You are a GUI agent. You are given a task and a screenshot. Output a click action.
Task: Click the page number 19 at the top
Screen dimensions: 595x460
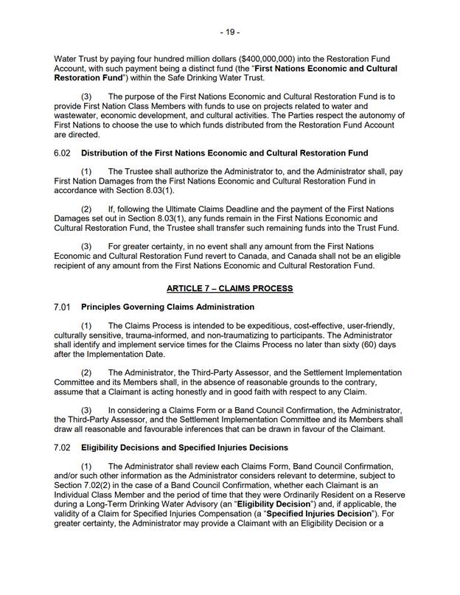point(230,32)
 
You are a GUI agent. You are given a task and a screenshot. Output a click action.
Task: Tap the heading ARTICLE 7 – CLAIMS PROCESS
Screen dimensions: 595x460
point(229,287)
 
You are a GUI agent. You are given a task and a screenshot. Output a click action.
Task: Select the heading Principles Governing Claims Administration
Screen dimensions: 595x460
point(167,307)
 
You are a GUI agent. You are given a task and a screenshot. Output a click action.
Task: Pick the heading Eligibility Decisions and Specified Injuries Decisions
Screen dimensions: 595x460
point(185,448)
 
